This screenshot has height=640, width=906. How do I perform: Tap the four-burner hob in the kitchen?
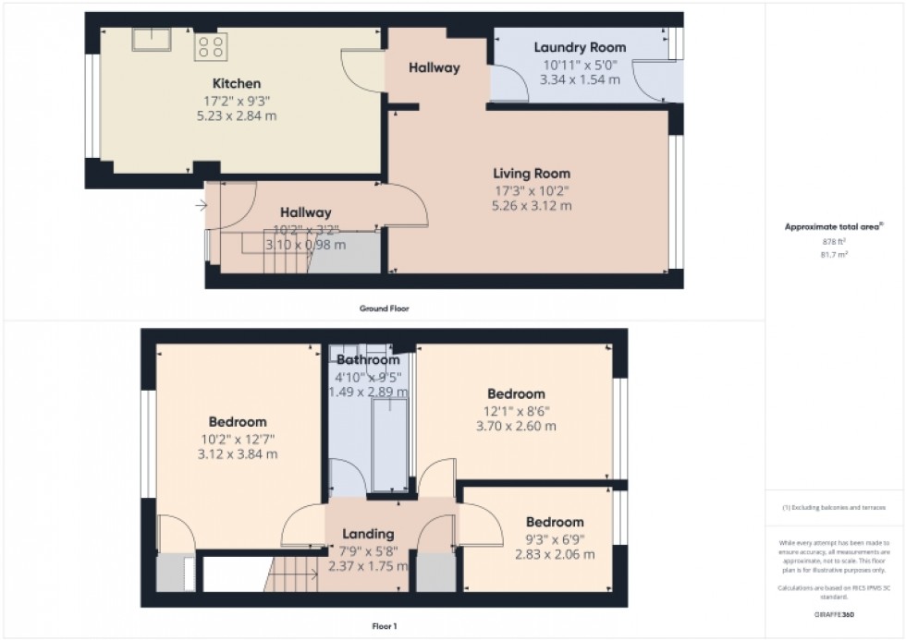210,47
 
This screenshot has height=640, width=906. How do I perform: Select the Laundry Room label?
580,47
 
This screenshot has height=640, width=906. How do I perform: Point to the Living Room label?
531,173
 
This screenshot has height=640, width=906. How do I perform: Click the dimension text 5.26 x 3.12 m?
531,206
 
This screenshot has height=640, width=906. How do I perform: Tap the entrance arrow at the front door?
202,205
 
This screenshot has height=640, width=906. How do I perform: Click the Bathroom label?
368,359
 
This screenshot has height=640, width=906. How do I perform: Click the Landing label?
368,533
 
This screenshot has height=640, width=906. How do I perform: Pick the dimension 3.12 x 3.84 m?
238,454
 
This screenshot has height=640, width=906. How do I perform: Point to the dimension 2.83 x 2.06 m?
555,554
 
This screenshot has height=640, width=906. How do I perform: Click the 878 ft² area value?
834,241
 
